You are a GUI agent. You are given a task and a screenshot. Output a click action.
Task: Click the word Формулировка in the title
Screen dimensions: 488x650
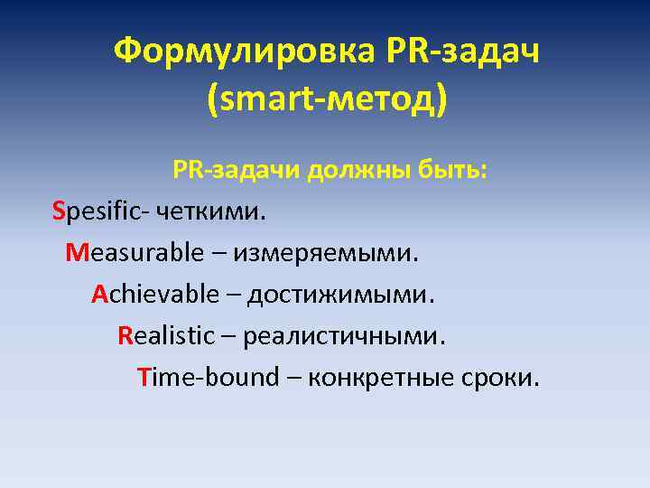(x=241, y=52)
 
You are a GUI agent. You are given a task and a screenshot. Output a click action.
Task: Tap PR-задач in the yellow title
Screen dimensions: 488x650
(x=462, y=52)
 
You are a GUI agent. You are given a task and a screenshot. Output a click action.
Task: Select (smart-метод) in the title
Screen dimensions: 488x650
(x=326, y=99)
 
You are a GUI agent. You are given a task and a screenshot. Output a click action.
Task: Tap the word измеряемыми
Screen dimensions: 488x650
(x=327, y=252)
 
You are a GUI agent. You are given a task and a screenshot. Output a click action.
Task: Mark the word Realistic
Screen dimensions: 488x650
(x=166, y=335)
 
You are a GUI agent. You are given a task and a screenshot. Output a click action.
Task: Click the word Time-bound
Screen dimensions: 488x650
(x=209, y=377)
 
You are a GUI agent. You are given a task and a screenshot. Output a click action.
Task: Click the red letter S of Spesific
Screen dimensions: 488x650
(x=59, y=211)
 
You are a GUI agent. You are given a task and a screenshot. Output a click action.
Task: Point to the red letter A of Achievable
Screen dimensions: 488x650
(x=99, y=294)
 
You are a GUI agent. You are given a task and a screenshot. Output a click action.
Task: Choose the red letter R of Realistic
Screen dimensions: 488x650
(x=125, y=335)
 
